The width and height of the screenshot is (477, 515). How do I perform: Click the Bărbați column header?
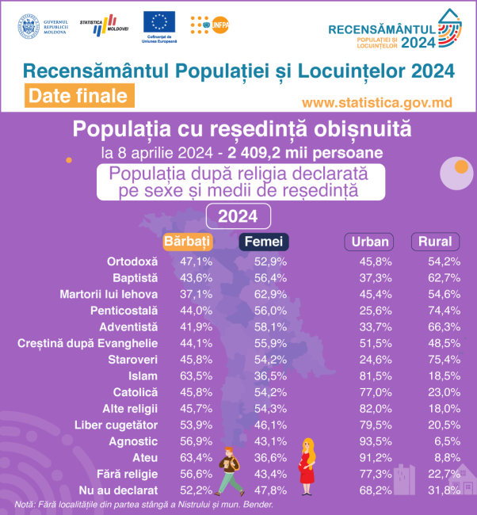187,242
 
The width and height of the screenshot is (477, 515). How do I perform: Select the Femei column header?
264,242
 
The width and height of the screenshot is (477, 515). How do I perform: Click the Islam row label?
143,376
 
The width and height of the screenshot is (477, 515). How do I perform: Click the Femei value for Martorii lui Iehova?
265,293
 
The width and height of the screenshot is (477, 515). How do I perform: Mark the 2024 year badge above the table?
238,216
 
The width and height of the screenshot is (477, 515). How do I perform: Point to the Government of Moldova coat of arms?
28,25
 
